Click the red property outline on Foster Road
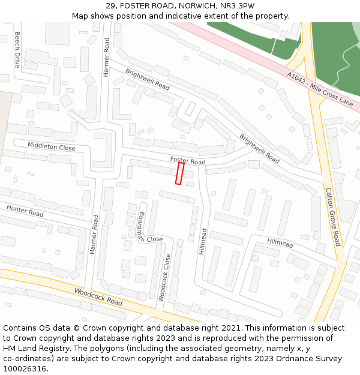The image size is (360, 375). click(x=179, y=173)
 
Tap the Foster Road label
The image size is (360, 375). click(x=188, y=161)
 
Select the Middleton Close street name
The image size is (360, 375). click(x=52, y=146)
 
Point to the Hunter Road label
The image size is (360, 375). click(x=25, y=210)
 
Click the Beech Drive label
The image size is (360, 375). click(x=17, y=49)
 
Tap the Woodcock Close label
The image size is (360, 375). click(x=164, y=277)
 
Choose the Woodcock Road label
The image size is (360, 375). click(x=98, y=296)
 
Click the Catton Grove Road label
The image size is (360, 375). click(x=333, y=217)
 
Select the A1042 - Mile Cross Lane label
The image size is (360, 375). click(x=320, y=89)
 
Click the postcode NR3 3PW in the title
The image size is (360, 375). click(x=238, y=6)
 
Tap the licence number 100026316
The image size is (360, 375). click(x=26, y=368)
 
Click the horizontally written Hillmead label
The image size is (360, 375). click(x=280, y=242)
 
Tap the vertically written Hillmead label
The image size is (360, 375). click(x=203, y=241)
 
